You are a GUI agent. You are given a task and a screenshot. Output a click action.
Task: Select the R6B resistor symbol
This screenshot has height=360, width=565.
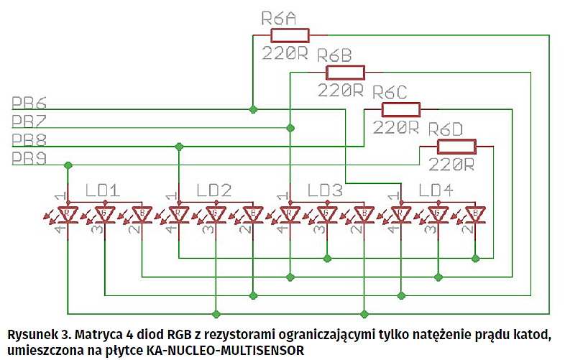(345, 72)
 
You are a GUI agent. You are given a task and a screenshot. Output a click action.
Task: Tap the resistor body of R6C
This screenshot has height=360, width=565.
(400, 109)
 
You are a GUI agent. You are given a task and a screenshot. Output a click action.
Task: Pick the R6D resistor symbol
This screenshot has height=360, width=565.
(456, 147)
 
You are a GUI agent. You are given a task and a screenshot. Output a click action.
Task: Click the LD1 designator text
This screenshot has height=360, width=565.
(101, 190)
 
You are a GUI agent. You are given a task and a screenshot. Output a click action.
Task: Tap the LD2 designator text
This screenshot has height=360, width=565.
(213, 190)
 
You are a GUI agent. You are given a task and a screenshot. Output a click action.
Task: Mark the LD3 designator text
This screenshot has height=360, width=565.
(325, 190)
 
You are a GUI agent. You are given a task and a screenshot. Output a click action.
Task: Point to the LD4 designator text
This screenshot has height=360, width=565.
(437, 190)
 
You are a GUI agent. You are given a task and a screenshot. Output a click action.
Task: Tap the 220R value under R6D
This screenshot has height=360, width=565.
(451, 165)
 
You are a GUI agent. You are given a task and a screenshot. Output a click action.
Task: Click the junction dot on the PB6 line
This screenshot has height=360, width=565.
(252, 109)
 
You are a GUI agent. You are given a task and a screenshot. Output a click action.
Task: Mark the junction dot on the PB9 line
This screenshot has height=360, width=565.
(68, 165)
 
